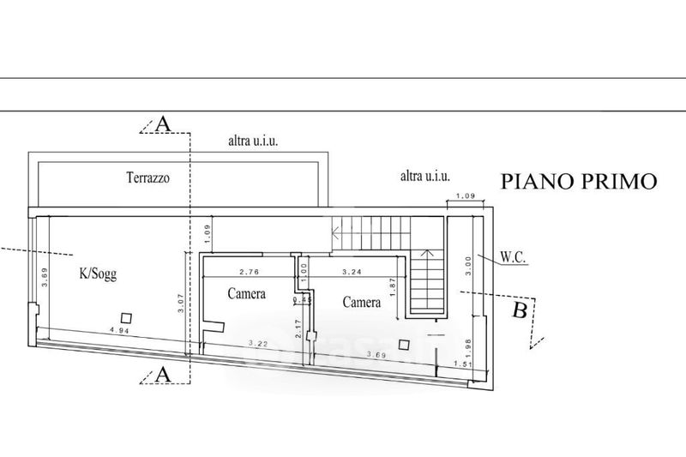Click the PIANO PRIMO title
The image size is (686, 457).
coord(579,181)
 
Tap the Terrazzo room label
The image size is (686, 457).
coord(148,178)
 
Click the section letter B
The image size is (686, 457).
coord(520,310)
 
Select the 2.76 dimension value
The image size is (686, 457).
coord(249,272)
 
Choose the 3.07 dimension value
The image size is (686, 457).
coord(181,303)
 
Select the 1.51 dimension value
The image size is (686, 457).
coord(463,365)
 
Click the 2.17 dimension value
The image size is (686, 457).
coord(297,328)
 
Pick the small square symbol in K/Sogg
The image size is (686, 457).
coord(126,316)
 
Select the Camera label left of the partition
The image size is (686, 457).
coord(246,294)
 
